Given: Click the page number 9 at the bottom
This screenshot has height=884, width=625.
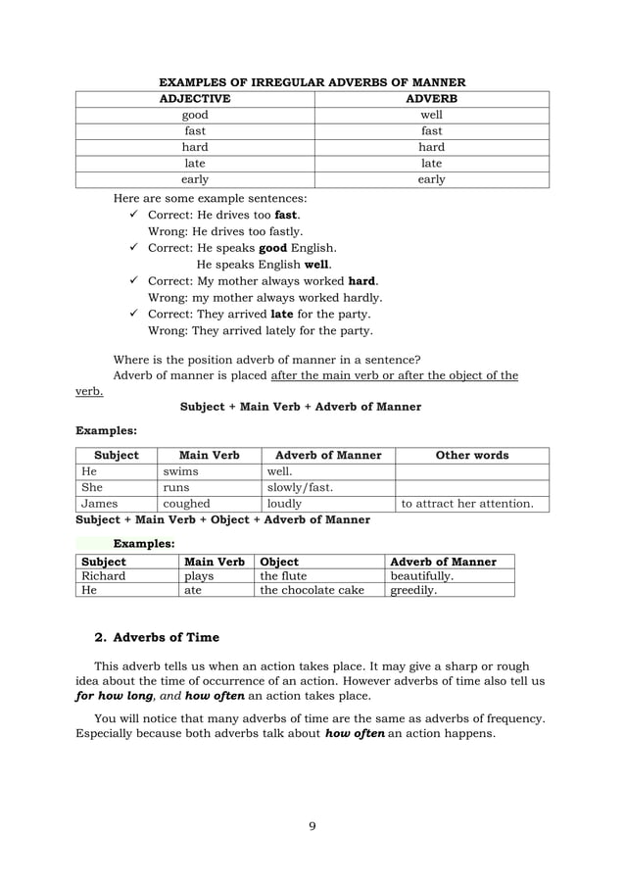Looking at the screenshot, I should point(312,825).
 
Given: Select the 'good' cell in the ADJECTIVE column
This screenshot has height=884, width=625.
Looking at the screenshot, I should point(196,115).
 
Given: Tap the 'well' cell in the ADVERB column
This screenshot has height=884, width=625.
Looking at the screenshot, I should point(431,115).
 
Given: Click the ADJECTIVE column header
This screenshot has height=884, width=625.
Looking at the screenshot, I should point(196,99).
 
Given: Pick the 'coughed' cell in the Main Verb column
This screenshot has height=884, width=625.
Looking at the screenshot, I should point(186,505).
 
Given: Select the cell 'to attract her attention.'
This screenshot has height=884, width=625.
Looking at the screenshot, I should point(467,505).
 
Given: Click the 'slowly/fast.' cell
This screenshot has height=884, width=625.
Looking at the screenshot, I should point(300,488).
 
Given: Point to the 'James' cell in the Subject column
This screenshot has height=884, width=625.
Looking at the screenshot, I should point(99,505).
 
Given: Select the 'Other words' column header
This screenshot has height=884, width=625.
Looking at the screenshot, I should point(471,456).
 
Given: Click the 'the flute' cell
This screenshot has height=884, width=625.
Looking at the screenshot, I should point(283,577).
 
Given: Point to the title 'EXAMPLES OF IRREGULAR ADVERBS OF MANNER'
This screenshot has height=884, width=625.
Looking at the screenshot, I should point(312,82).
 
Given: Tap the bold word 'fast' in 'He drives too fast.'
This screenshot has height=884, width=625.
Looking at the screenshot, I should point(286,215).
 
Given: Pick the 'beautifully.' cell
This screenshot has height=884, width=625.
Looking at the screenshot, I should point(422,577).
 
